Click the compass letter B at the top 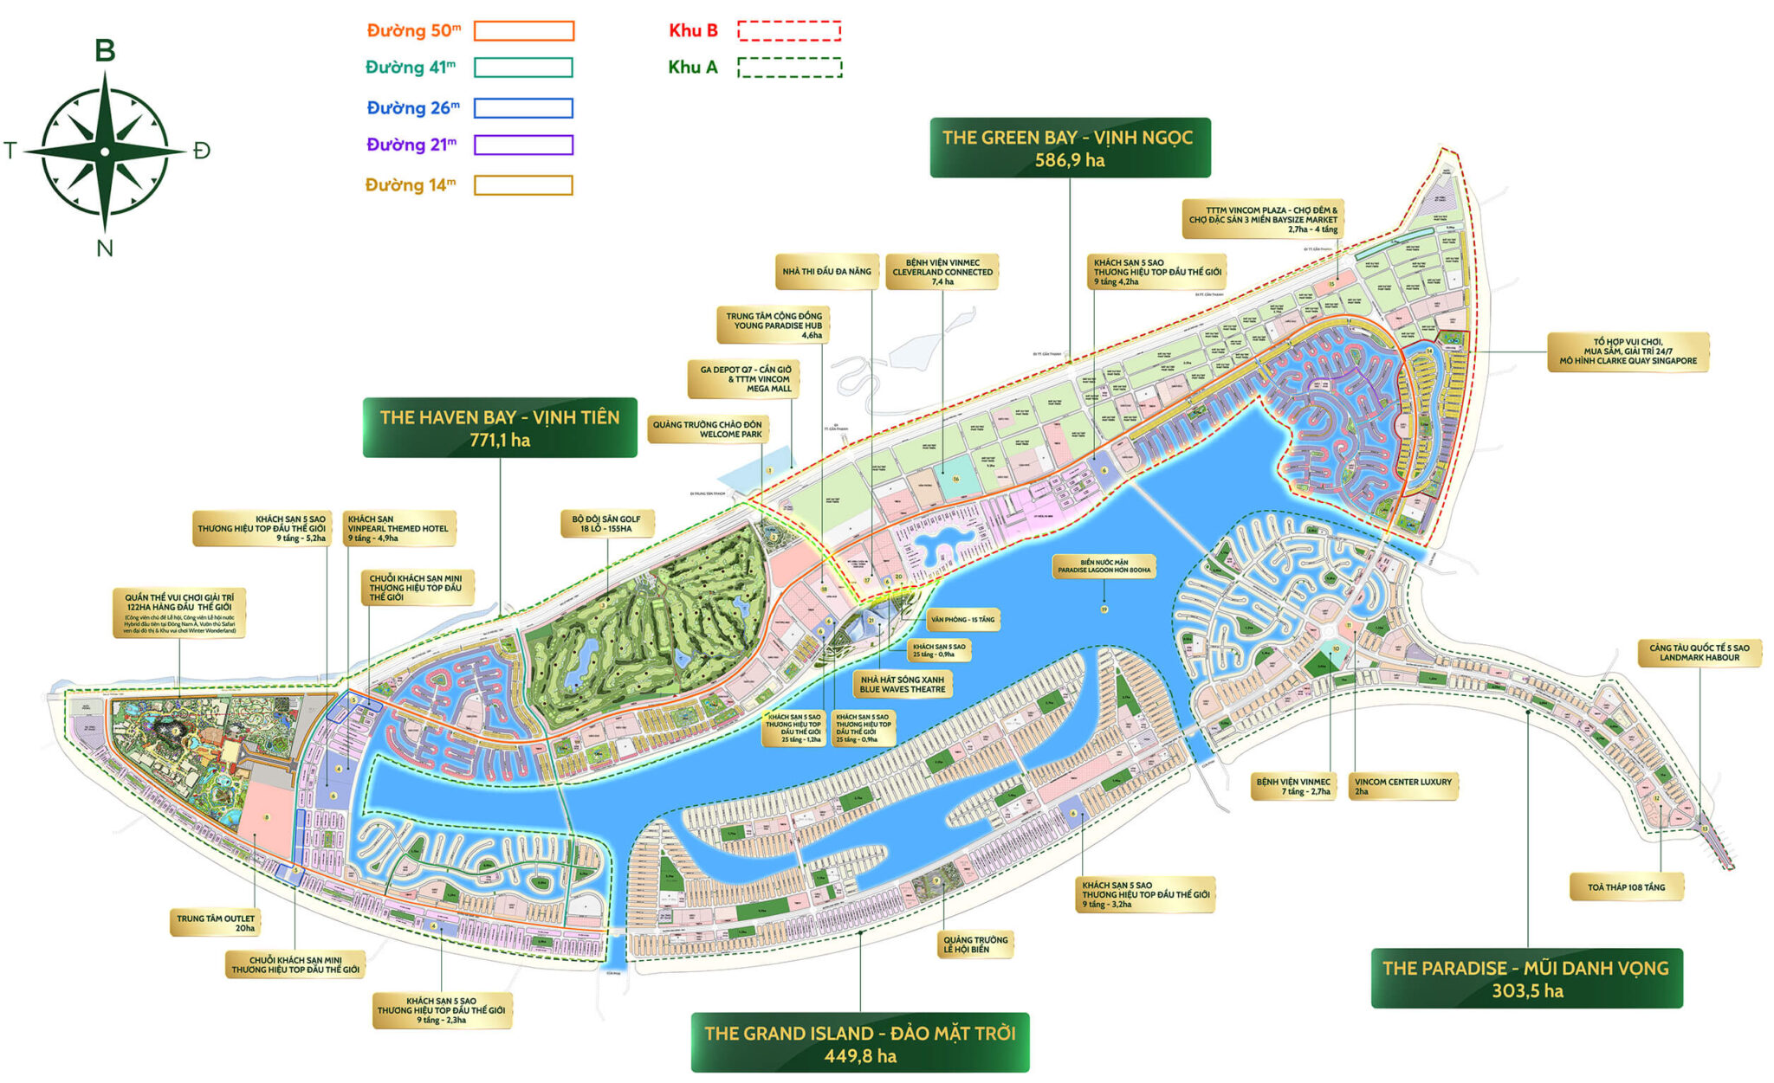105,50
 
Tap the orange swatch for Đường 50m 524,31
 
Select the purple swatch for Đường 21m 524,145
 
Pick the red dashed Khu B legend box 789,31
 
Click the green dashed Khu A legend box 789,68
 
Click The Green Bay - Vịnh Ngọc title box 1069,148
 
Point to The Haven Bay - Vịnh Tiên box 500,428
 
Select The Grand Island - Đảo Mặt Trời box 859,1043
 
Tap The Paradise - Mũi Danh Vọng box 1525,978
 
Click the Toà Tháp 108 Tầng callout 1626,887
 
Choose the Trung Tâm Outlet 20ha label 216,923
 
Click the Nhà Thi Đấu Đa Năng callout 826,272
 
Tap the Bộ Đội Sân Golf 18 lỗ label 606,524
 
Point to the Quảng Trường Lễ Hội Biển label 975,944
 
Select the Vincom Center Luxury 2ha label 1402,786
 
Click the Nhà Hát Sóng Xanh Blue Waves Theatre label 903,685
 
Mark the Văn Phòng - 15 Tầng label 962,620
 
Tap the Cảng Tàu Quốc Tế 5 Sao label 1699,653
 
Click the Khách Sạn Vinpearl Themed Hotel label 398,528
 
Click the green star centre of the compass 105,151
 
